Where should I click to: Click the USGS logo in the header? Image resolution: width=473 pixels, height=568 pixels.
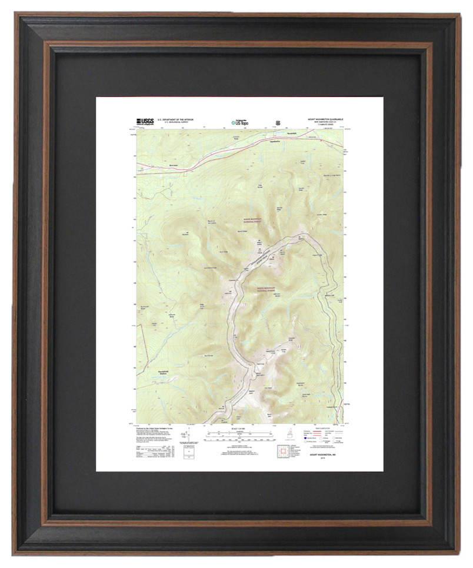tap(145, 122)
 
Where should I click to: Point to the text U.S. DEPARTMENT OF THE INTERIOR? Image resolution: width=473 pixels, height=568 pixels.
tap(175, 119)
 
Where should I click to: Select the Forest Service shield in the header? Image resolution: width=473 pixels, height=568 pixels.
tap(278, 122)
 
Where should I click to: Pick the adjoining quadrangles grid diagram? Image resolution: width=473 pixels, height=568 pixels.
tap(285, 452)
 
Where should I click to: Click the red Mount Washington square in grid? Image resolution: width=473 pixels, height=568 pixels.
tap(285, 452)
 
